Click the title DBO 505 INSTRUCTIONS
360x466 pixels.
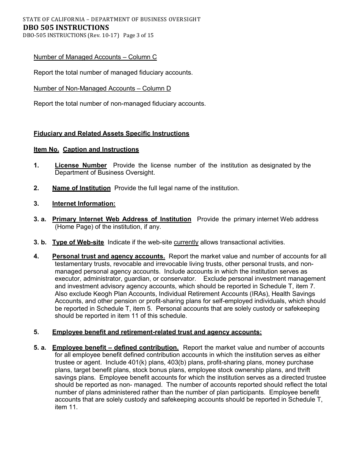[x=66, y=27]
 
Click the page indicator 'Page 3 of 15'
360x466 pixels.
[x=138, y=35]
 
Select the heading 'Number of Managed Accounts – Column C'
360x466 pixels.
[x=95, y=57]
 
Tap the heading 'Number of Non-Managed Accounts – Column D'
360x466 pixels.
[x=102, y=88]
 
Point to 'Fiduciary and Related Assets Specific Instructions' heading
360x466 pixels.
[x=111, y=133]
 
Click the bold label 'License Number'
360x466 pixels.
[x=81, y=165]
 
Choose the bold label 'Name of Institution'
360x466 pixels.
[x=81, y=188]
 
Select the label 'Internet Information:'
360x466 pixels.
[x=84, y=203]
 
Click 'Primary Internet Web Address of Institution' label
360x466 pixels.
[x=122, y=219]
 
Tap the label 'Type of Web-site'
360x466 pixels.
[x=78, y=242]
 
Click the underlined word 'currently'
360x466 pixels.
[x=186, y=242]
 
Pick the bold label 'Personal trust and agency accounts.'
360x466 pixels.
[x=108, y=256]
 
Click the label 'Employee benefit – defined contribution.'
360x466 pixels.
[x=115, y=347]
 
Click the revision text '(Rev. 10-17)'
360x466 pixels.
[x=103, y=35]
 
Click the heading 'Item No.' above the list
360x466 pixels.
[x=46, y=149]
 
